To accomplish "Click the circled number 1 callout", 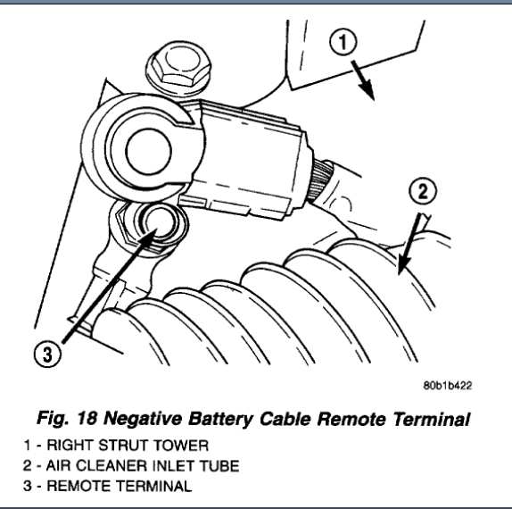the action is [343, 42].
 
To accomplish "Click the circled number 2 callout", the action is [423, 191].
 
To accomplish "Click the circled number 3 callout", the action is [47, 354].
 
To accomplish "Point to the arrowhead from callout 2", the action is [403, 265].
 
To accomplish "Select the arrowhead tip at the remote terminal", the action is [157, 229].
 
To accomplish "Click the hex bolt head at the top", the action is [178, 67].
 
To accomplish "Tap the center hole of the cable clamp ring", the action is [149, 151].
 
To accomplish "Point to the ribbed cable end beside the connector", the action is [321, 179].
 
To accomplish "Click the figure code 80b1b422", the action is [448, 386].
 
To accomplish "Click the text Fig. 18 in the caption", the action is [67, 418].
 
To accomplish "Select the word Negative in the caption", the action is [143, 418].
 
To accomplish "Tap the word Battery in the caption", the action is [220, 420].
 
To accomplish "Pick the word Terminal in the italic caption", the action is [431, 419].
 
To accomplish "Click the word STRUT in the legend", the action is [123, 446].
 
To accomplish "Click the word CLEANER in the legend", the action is [111, 466].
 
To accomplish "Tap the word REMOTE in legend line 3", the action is [79, 486].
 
